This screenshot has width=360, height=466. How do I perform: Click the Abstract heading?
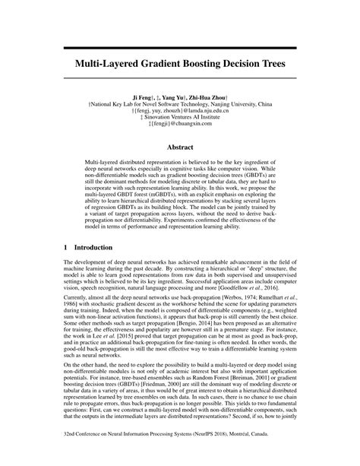179,150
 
